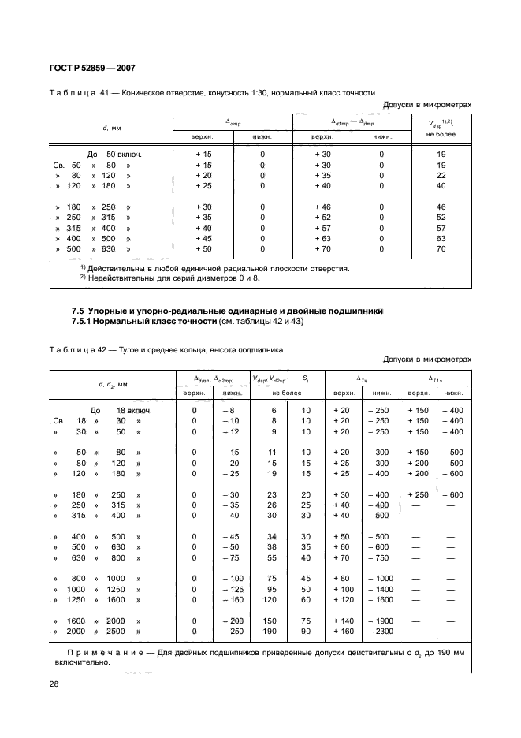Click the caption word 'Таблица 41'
[78, 91]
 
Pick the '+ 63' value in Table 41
[323, 237]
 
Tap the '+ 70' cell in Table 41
[323, 248]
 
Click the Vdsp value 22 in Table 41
[441, 175]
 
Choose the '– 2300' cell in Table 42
[381, 632]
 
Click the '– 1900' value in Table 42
[381, 621]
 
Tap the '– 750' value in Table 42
[381, 557]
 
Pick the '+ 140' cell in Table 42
[342, 621]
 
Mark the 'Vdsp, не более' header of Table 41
[441, 128]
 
